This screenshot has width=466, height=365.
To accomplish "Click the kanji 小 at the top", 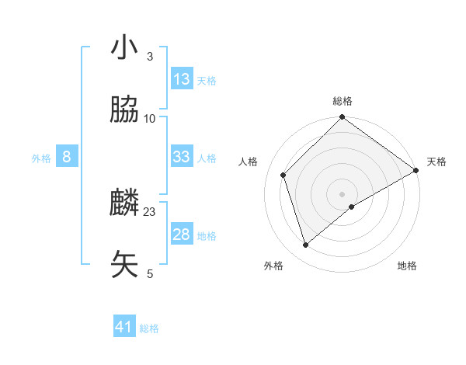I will coord(124,48).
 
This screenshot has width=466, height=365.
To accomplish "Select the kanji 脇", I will coord(124,110).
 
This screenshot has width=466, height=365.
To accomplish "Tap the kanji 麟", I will coord(124,203).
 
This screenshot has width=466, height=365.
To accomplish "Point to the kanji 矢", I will coord(124,265).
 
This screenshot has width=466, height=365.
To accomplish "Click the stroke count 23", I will coord(150,211).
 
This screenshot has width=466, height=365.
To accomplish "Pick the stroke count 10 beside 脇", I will coord(150,118).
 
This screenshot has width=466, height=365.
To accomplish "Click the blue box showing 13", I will coord(182,79).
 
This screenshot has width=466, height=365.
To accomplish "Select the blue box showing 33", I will coord(182,157).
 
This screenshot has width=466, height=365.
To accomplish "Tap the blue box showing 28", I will coord(182,235).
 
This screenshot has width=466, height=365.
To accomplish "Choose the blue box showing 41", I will coord(124,327).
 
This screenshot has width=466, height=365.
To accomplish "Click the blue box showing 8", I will coord(67,157).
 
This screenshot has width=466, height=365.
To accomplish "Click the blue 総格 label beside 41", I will coord(149,328).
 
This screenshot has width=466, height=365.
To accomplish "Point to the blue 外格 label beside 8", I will coord(41,158).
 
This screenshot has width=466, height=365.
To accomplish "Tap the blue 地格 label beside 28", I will coord(207,236).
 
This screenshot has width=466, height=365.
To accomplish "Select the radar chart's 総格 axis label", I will coord(343,101).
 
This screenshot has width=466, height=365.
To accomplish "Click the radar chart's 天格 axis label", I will coord(437,162).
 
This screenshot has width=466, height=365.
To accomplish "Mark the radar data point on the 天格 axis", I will coord(416,170).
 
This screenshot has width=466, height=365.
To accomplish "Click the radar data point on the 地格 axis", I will coord(352,207).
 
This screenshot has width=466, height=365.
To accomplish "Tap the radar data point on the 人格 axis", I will coord(283,175).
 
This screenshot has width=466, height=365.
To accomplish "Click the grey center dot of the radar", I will coord(343,193).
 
